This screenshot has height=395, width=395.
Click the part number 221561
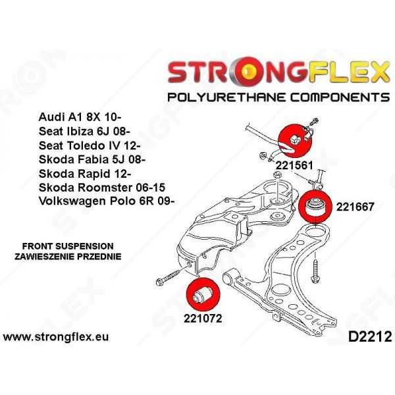coord(294,165)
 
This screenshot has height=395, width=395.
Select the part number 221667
coord(355,207)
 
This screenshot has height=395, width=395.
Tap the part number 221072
coord(203,319)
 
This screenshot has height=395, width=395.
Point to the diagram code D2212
coord(370,337)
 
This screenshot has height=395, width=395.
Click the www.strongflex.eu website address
coord(56,337)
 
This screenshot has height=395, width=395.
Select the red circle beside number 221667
coord(315,207)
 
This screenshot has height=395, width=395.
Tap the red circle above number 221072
coord(203,295)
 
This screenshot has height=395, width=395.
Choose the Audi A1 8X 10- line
coord(80,117)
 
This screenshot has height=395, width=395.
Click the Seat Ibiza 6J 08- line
coord(84,132)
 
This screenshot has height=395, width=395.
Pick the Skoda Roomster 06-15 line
coord(102,188)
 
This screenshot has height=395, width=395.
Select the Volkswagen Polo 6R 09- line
coord(107,201)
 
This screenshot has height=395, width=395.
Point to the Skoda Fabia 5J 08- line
coord(92,159)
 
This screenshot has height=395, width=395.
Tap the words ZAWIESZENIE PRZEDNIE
coord(68,257)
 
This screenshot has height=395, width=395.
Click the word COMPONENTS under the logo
coord(340,97)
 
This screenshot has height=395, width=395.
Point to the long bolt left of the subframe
coord(168,276)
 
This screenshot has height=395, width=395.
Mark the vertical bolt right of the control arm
coord(315,271)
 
